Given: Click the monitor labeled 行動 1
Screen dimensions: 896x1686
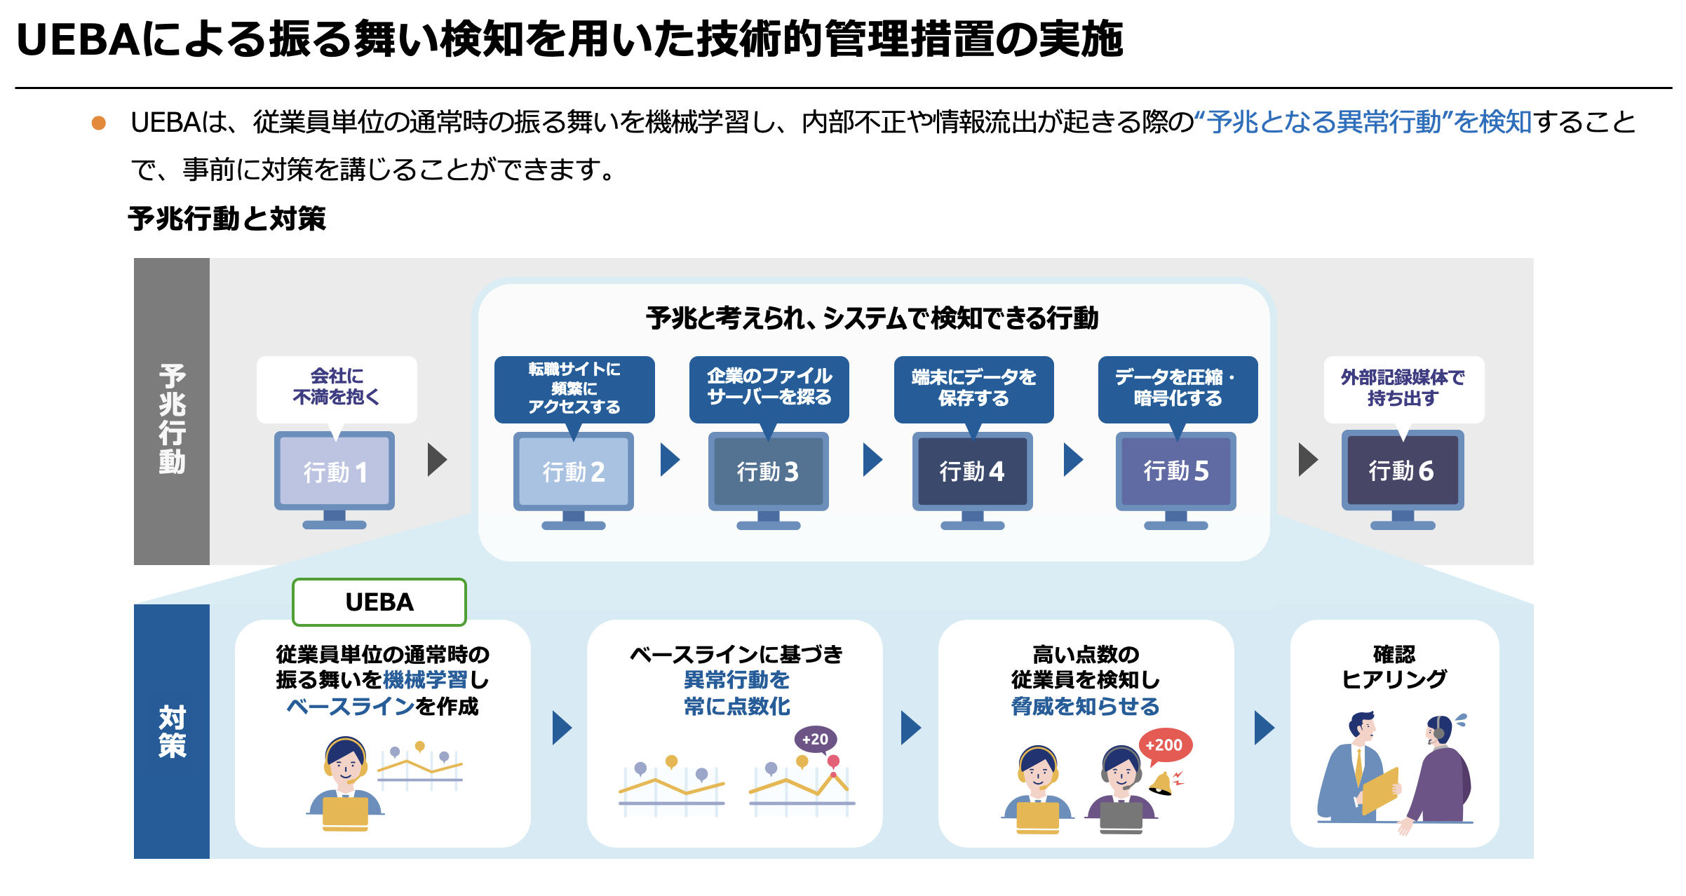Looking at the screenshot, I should coord(335,472).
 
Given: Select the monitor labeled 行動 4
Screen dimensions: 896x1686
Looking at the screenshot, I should coord(972,472).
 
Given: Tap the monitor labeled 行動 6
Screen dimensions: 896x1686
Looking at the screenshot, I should coord(1402,471).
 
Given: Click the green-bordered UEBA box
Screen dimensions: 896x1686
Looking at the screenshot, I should coord(379,602).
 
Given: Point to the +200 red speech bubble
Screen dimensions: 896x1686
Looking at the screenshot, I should coord(1165,745).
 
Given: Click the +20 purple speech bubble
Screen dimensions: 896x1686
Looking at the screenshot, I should coord(815,739).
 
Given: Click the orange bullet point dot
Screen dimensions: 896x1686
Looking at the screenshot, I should coord(99,123).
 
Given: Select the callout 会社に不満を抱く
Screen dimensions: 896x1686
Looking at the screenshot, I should coord(337,388).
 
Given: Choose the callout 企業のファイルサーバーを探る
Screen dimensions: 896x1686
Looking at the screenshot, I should coord(769,388).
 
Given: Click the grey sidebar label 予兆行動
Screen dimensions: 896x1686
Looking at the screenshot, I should coord(172,419).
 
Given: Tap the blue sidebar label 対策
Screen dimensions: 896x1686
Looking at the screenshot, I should coord(172,731).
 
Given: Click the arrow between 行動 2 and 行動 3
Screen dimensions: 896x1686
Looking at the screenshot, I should coord(670,460).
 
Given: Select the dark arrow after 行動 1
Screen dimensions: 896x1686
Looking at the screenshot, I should coord(438,460).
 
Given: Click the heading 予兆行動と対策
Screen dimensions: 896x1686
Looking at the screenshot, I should coord(227,219).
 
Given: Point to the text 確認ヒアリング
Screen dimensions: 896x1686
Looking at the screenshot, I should coord(1394,667).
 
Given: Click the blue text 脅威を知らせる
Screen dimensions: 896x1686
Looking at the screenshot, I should coord(1085,706).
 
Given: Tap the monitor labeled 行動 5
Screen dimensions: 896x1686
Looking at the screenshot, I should coord(1176,472).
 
